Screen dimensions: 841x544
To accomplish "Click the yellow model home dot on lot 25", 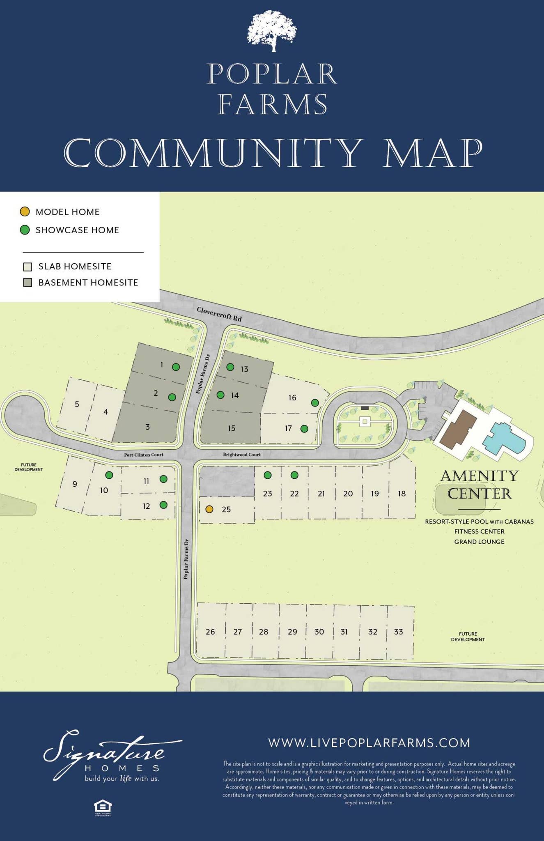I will click(209, 509).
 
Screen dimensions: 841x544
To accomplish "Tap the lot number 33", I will click(398, 632).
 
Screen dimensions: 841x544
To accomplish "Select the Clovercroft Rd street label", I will click(219, 314).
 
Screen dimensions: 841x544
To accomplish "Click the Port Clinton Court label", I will click(144, 455).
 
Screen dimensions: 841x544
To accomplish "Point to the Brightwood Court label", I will click(242, 455).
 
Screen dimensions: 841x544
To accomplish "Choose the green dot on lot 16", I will click(315, 403).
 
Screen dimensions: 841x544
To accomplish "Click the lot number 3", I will click(147, 427).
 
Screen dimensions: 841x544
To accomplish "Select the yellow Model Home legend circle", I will click(25, 212).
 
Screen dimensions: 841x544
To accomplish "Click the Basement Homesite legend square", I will click(28, 283).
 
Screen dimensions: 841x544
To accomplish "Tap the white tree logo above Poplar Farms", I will click(272, 31).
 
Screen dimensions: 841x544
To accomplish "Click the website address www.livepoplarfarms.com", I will click(369, 743).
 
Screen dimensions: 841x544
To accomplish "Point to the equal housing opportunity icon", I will click(103, 807).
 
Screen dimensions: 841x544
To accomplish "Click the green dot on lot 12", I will click(163, 505).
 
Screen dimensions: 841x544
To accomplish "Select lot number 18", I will click(402, 493).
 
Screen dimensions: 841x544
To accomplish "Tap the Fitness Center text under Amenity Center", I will click(479, 531).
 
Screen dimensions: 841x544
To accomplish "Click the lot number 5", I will click(77, 404).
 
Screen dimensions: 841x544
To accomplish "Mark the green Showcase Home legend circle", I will click(25, 230).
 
